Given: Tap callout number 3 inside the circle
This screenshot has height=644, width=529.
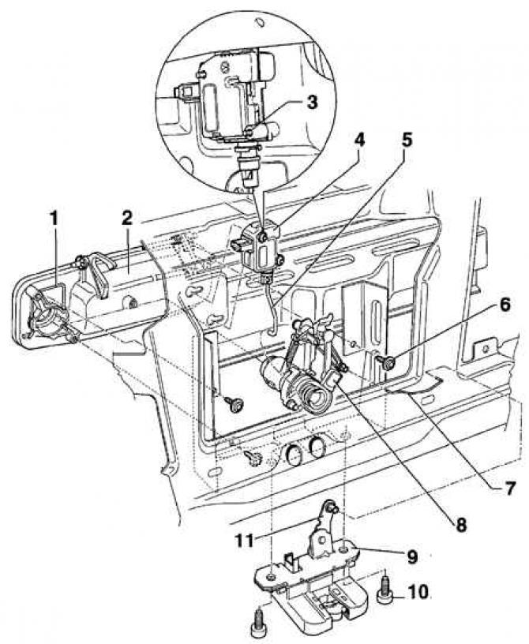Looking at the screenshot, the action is click(x=313, y=102).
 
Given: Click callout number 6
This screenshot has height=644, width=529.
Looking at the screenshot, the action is click(x=505, y=305).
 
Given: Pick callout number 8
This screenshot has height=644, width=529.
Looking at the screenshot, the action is click(x=461, y=525).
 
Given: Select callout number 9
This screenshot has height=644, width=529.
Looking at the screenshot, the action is click(x=411, y=556).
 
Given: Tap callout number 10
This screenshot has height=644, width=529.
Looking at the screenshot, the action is click(x=418, y=591).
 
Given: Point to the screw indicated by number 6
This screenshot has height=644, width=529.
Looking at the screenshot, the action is click(x=386, y=361).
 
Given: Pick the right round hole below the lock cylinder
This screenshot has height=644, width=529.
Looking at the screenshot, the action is click(x=317, y=447).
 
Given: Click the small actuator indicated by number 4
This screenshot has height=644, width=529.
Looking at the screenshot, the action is click(x=259, y=250).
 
